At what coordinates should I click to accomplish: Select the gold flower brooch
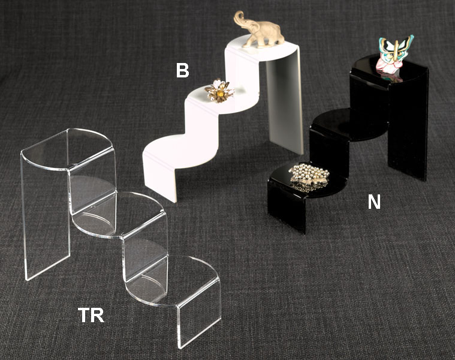[219, 91]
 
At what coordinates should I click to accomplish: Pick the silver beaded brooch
[310, 177]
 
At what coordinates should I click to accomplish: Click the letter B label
[182, 71]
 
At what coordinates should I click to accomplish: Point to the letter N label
[374, 202]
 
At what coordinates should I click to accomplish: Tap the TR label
[91, 315]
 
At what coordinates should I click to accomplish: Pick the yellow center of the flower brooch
[221, 94]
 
